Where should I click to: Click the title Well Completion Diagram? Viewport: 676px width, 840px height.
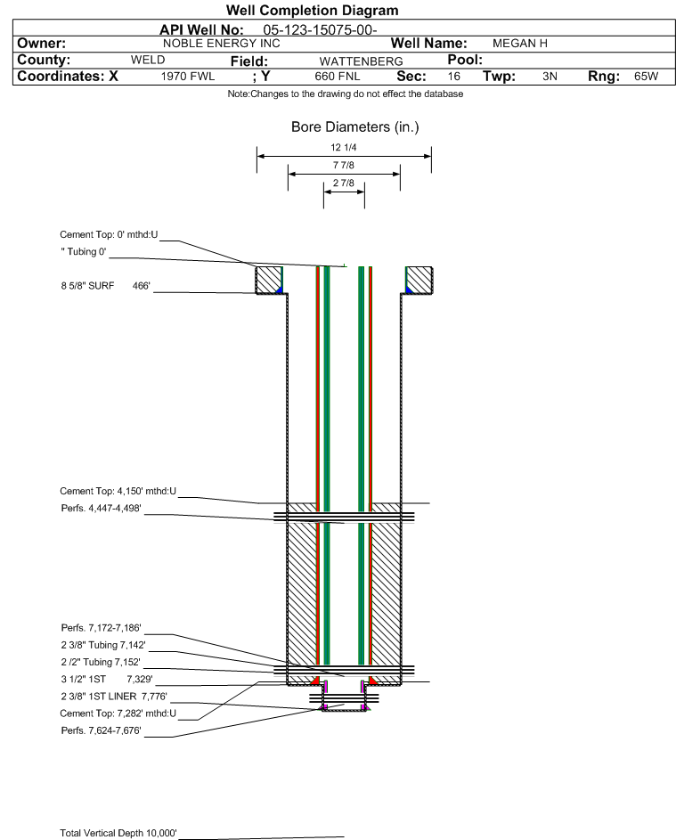coord(312,11)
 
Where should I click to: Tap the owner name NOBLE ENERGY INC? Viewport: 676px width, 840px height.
coord(221,43)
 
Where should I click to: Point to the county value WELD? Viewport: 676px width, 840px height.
coord(148,60)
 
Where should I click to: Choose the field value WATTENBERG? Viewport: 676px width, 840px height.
coord(354,61)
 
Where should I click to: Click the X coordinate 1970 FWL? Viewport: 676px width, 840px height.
coord(188,77)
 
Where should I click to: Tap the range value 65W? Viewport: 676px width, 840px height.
coord(646,77)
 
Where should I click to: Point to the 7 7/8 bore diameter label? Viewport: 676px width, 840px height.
coord(344,166)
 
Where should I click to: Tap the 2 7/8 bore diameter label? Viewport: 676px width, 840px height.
coord(344,184)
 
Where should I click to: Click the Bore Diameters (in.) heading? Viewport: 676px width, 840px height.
coord(354,127)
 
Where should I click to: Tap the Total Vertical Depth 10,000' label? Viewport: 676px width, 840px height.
coord(118,833)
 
